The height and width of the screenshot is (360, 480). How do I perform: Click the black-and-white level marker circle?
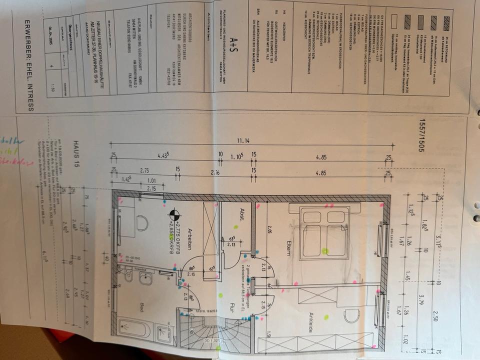pyautogui.click(x=175, y=216)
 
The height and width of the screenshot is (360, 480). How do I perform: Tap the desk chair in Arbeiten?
pyautogui.click(x=141, y=222)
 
